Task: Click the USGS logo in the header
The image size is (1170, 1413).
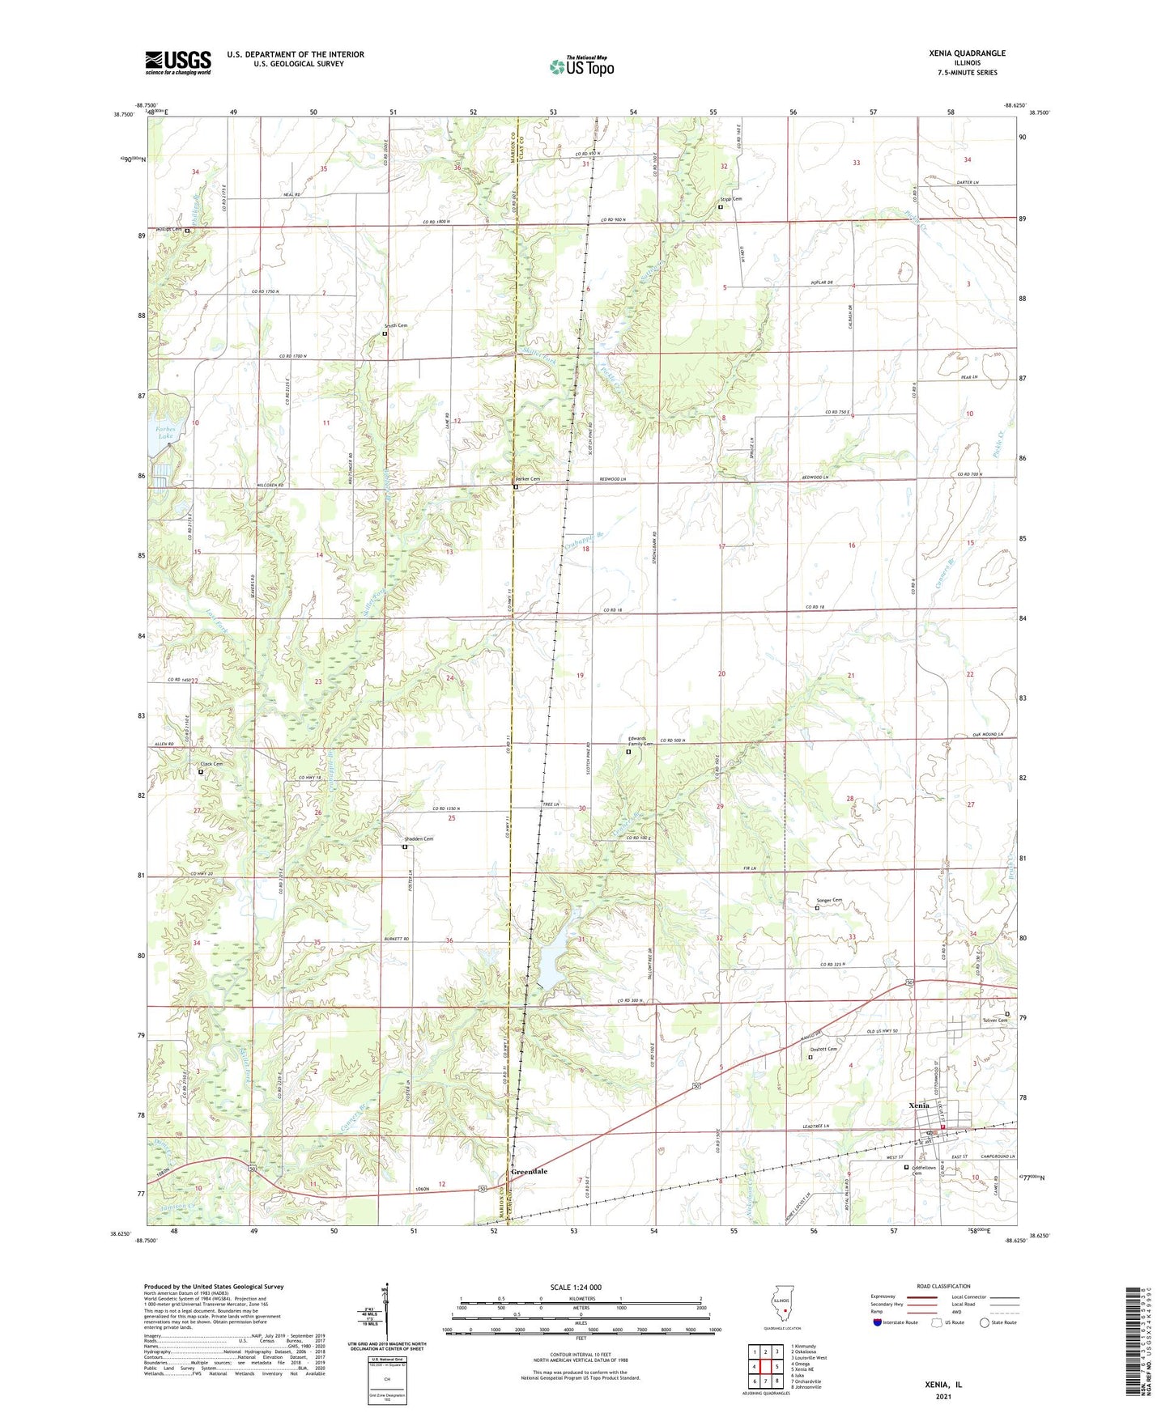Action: (x=178, y=62)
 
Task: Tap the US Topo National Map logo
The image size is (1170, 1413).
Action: (x=581, y=66)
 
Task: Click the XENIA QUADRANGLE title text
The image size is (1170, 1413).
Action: (x=967, y=53)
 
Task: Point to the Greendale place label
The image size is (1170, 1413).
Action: (x=529, y=1171)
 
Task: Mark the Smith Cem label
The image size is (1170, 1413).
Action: (x=395, y=325)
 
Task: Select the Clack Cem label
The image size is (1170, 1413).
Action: (x=211, y=764)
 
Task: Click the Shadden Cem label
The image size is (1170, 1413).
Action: (x=419, y=838)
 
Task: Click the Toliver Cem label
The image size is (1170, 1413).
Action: (x=995, y=1020)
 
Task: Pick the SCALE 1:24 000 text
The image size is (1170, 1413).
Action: (x=576, y=1287)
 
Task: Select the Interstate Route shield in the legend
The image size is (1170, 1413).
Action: (x=879, y=1322)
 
